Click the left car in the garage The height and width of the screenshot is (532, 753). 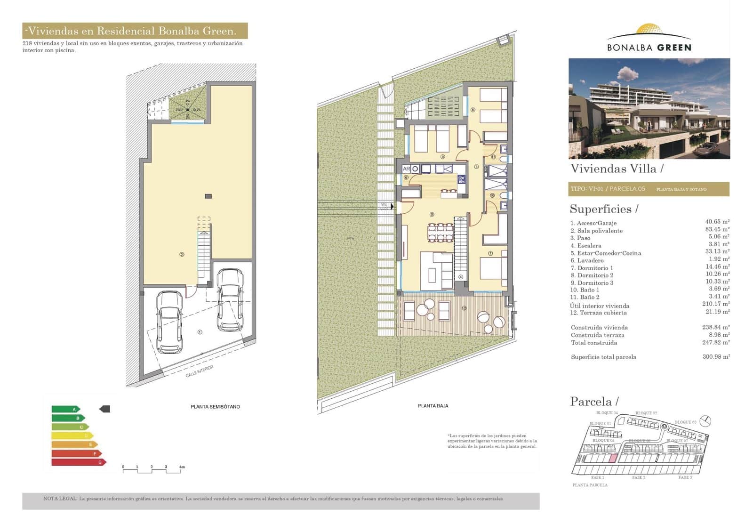[169, 322]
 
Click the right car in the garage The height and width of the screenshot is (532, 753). [230, 299]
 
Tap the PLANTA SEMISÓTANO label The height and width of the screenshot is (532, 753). [215, 407]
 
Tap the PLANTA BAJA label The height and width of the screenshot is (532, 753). [433, 406]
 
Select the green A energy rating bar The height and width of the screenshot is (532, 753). [65, 409]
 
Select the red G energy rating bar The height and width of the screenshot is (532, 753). [78, 462]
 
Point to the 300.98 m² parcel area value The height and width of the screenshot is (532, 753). [716, 357]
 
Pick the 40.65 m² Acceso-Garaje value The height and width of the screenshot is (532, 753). [717, 222]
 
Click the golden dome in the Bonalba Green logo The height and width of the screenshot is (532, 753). [649, 30]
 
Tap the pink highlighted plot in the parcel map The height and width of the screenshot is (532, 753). [612, 459]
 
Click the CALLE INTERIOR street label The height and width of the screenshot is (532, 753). [200, 371]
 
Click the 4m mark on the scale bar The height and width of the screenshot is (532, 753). [181, 468]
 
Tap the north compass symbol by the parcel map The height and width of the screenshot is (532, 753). [705, 420]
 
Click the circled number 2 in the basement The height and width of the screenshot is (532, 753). [182, 254]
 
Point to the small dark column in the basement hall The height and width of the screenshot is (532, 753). [208, 196]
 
